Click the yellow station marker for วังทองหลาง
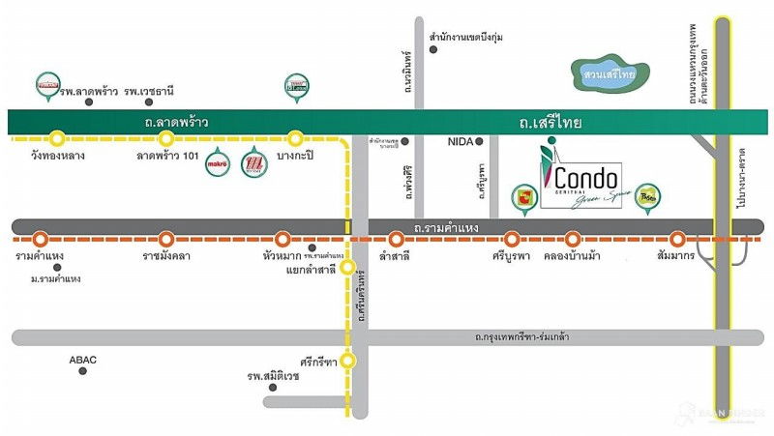pyautogui.click(x=57, y=137)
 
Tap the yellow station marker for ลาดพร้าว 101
pyautogui.click(x=165, y=137)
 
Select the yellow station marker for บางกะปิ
pyautogui.click(x=296, y=137)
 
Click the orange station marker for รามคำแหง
pyautogui.click(x=40, y=238)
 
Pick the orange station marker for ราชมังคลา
pyautogui.click(x=166, y=238)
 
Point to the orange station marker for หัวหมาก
pyautogui.click(x=283, y=238)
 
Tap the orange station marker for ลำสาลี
pyautogui.click(x=395, y=238)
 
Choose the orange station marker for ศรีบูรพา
pyautogui.click(x=512, y=238)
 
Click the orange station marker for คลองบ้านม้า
pyautogui.click(x=573, y=238)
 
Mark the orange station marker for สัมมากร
pyautogui.click(x=677, y=238)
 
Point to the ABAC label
pyautogui.click(x=83, y=360)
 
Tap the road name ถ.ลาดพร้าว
pyautogui.click(x=177, y=122)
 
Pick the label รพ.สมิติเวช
pyautogui.click(x=273, y=376)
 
